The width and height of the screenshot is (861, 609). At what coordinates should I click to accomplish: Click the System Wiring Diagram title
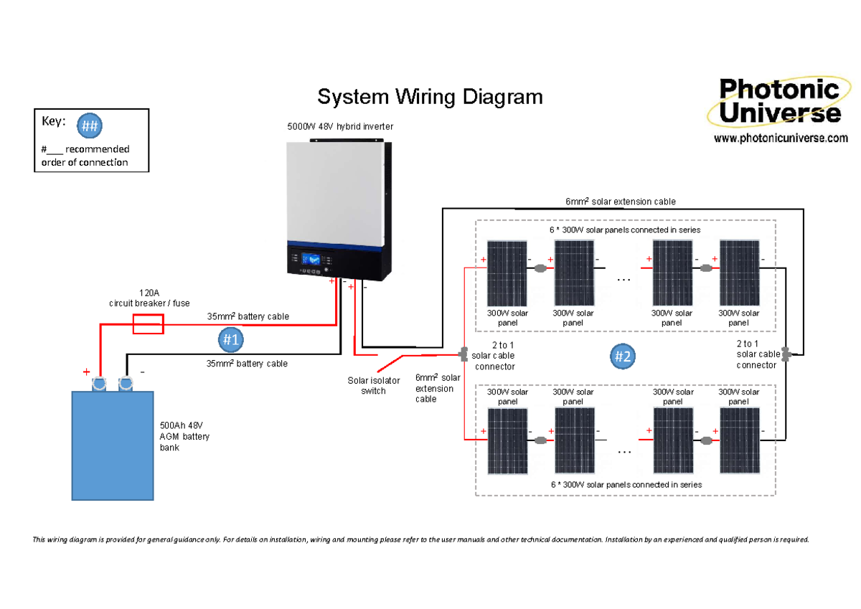coord(430,97)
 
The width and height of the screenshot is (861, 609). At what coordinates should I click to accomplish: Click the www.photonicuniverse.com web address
coord(781,138)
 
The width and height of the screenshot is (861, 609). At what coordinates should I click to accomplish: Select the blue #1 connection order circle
coord(230,339)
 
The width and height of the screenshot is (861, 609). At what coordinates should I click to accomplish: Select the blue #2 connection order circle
coord(623,355)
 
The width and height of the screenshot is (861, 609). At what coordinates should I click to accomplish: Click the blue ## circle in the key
coord(89,126)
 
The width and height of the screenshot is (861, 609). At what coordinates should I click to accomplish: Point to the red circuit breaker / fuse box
coord(149,324)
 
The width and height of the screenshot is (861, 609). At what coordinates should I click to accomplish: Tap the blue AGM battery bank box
coord(113,445)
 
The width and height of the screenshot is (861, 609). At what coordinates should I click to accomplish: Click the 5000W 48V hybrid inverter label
coord(340,126)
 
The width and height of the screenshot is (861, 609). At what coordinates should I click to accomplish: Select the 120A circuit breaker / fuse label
coord(149,298)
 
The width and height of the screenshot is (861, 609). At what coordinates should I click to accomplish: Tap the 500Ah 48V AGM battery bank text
coord(184,437)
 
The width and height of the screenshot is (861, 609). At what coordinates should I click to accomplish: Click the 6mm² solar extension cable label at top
coord(620,202)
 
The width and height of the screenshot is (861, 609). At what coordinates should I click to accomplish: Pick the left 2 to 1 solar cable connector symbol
coord(464,354)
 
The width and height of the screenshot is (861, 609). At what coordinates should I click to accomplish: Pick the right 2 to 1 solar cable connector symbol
coord(786,354)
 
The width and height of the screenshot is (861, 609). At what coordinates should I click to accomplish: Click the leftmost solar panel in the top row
coord(508,273)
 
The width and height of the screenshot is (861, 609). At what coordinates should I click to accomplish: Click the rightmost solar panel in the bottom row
coord(739,441)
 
